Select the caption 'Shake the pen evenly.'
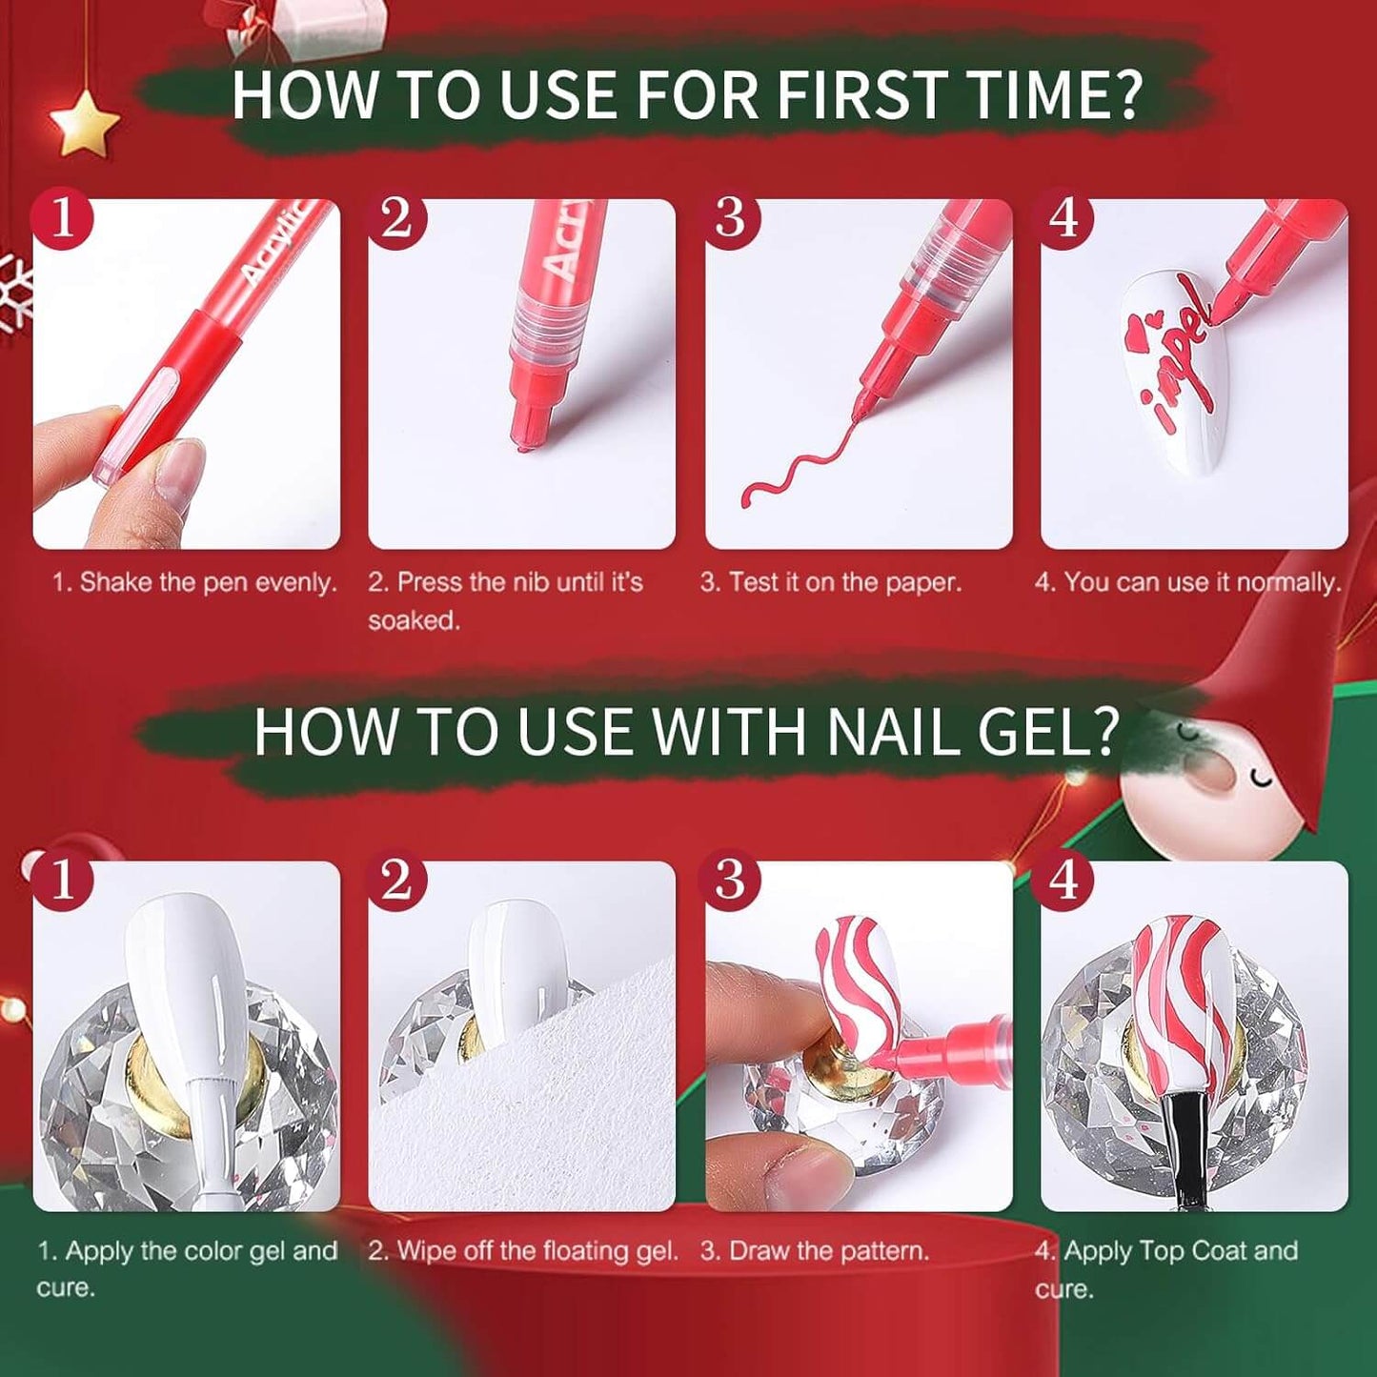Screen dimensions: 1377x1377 [x=195, y=582]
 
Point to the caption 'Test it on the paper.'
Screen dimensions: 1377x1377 [x=831, y=582]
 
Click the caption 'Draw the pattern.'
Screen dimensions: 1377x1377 [x=815, y=1250]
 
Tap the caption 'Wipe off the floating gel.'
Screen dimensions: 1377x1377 [x=523, y=1250]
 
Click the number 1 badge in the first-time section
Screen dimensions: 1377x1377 [x=63, y=218]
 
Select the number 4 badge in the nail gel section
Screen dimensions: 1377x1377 [x=1063, y=880]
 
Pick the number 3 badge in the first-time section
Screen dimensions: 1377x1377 [x=730, y=218]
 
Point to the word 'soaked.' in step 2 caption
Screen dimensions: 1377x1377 [x=414, y=620]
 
